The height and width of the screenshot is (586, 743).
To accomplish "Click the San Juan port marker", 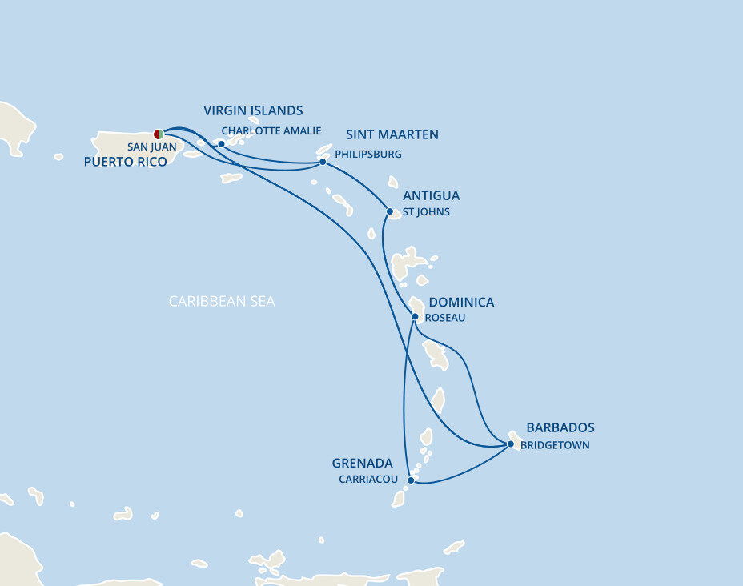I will pos(159,134).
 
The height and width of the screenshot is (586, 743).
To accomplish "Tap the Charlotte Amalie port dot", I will pos(221,144).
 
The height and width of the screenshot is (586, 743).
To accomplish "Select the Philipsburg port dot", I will pos(323,162).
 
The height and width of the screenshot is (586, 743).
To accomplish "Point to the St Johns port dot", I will pos(390,212).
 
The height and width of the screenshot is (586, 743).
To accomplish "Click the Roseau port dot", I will pos(415,316).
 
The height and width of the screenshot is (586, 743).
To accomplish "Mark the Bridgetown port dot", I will pos(511,444).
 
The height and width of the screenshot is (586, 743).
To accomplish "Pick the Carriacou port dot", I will pos(411,480).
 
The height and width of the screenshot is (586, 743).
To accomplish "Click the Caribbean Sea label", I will pos(222,302).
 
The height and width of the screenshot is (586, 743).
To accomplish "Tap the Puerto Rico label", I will pos(125,162).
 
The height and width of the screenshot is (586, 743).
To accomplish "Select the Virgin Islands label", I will pos(253,110).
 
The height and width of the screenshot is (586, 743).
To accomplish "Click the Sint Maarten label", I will pos(392,134).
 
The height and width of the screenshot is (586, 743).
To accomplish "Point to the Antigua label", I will pos(432,195).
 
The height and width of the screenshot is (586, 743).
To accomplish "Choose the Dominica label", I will pos(461,302).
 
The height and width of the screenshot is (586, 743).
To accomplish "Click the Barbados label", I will pos(560,427).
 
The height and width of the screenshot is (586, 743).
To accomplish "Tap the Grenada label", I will pos(363,464).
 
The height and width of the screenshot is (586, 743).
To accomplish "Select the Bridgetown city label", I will pos(555,445).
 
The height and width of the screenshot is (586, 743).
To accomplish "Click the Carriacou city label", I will pos(368,480).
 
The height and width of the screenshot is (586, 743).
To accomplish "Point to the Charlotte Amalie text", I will pos(271,130).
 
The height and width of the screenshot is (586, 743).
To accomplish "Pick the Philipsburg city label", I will pos(368,154).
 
